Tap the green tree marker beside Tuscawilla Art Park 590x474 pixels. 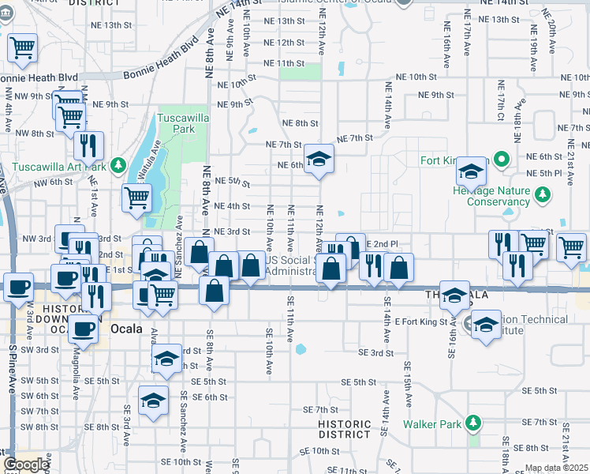coord(118,165)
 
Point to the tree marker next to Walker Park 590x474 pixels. coord(473,423)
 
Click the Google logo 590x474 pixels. coord(26,465)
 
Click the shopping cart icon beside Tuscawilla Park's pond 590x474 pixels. coord(137,198)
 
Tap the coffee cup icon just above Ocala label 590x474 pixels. coord(83,327)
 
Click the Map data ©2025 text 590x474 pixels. coord(556,468)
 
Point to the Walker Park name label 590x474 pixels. coord(431,424)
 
